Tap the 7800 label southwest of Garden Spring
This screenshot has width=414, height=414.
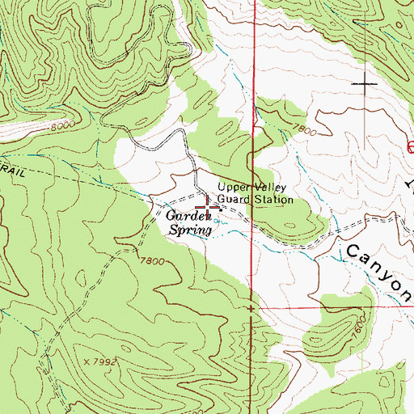point(151,261)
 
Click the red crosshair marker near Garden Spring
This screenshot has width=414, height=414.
point(207,209)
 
